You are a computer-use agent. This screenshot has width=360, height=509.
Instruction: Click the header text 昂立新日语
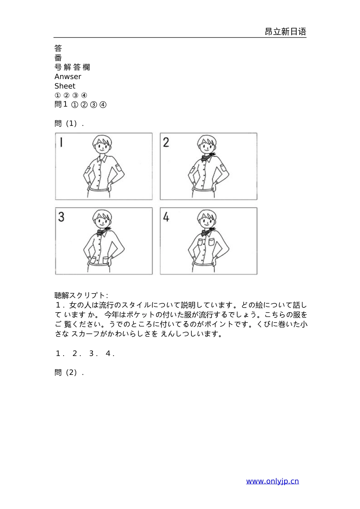(285, 32)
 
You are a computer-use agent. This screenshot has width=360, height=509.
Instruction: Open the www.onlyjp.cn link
(272, 481)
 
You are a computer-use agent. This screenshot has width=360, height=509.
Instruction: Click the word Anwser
(68, 77)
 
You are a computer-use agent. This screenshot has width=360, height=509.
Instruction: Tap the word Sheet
(65, 86)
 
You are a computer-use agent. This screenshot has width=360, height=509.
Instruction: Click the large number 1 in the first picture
(61, 142)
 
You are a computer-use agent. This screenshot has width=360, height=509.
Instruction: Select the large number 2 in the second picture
(166, 142)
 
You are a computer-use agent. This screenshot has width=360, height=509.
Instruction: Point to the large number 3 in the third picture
(61, 217)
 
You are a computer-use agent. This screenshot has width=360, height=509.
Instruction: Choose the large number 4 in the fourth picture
(166, 217)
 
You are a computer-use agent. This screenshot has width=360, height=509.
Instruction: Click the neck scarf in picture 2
(207, 156)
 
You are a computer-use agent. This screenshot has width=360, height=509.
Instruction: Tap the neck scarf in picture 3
(102, 231)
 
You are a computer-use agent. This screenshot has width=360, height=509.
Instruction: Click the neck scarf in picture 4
(207, 231)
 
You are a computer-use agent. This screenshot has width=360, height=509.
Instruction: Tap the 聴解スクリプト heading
(81, 295)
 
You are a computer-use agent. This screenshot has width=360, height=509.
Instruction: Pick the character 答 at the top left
(58, 48)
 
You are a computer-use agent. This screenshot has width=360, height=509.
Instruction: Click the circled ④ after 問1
(103, 105)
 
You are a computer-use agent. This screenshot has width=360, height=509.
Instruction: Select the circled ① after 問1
(74, 105)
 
